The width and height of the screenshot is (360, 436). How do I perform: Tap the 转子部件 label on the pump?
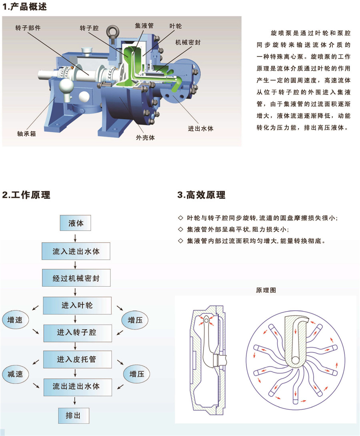28,28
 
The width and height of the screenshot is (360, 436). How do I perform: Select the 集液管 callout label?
144,26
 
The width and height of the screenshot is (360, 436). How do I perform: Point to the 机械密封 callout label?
188,42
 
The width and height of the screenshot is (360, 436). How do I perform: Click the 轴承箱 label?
26,134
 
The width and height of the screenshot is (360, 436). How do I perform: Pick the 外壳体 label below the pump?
145,138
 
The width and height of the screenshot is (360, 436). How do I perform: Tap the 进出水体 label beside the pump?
200,129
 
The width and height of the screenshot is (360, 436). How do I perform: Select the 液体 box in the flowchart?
75,223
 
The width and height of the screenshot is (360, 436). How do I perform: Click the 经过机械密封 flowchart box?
76,278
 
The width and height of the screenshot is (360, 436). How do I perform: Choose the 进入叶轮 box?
77,305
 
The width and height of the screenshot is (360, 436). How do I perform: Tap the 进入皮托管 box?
78,359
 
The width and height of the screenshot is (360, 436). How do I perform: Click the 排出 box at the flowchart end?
74,416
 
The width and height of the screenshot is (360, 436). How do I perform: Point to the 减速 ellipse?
15,374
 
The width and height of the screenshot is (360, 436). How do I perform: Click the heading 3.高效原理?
201,195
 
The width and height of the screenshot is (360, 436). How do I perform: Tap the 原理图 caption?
266,290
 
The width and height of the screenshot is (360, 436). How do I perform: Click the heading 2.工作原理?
26,195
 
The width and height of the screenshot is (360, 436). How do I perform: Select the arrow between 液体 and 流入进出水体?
75,238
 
